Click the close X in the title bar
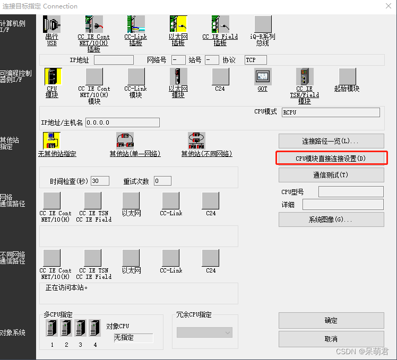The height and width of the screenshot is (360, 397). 387,6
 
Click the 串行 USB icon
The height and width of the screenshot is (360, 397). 52,24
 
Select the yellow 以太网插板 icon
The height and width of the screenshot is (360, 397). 178,24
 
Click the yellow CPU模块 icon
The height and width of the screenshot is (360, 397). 52,77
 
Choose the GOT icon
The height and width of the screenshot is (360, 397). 262,77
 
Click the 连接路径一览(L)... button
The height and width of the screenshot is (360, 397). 331,141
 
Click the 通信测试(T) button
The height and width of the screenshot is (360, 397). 331,175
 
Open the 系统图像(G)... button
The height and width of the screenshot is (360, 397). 331,219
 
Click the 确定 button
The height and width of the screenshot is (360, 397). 331,320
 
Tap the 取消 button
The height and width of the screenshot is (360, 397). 331,339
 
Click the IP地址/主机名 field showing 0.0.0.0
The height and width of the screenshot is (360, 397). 122,122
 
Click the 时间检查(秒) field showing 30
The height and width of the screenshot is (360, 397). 100,181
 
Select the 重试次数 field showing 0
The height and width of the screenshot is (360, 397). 162,181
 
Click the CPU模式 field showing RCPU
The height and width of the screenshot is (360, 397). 330,112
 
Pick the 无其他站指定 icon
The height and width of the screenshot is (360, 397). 51,141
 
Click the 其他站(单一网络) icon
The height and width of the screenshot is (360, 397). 125,141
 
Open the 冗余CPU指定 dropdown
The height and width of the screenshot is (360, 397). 204,332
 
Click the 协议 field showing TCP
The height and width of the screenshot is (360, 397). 255,60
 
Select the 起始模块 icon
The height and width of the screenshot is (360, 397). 348,77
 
